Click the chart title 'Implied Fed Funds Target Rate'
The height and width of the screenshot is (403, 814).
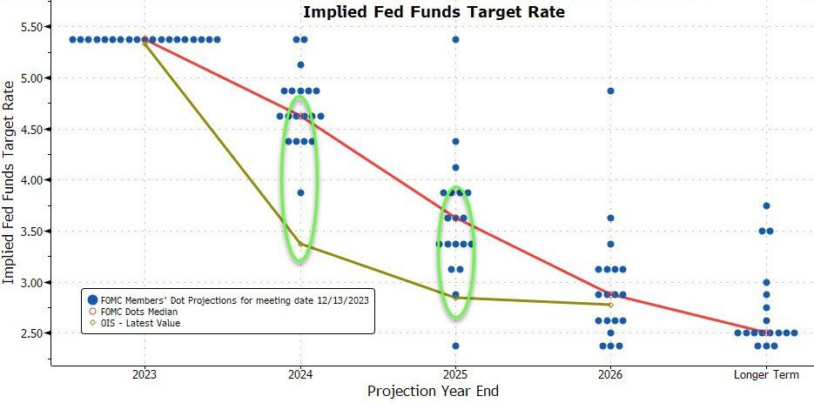coord(434,11)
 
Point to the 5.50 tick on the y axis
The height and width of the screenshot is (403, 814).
coord(32,26)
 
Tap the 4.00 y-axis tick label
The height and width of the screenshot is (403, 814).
coord(32,180)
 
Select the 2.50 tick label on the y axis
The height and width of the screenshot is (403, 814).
coord(32,332)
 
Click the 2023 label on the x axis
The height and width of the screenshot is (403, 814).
coord(145,374)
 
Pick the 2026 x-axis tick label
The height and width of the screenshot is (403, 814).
coord(610,374)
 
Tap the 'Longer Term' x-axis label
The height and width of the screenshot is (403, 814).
coord(766,374)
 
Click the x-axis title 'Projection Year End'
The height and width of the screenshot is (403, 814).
coord(433,391)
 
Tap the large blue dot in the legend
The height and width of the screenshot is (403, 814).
coord(93,299)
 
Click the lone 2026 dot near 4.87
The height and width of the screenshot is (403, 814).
coord(610,91)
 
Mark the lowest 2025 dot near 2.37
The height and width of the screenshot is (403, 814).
coord(455,346)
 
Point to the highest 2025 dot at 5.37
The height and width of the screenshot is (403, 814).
coord(455,39)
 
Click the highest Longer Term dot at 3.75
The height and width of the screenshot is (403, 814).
coord(766,205)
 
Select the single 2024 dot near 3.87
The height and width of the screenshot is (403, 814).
coord(300,192)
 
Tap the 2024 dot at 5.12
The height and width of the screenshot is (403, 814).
coord(300,65)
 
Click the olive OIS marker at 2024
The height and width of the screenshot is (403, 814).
coord(300,244)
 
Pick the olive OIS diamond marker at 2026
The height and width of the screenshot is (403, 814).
coord(610,305)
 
